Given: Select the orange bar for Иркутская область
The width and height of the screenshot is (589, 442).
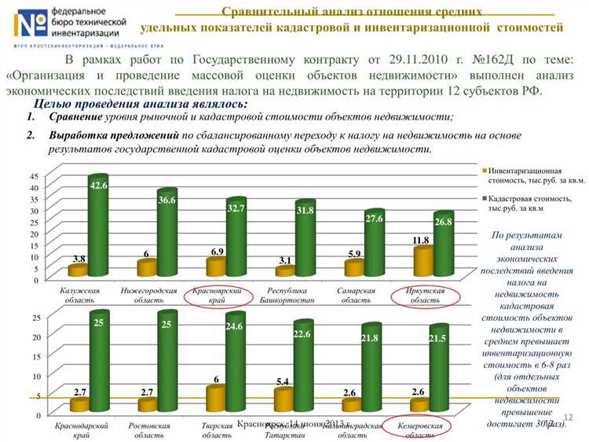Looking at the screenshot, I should pyautogui.click(x=423, y=260).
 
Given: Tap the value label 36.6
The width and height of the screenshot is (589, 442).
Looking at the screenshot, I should pyautogui.click(x=166, y=201).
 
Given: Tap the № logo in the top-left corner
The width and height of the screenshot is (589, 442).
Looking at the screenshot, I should pyautogui.click(x=29, y=24).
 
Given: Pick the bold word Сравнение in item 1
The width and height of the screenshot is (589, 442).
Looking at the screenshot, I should pyautogui.click(x=75, y=117).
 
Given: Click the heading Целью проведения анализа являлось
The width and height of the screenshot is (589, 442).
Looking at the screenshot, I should pyautogui.click(x=141, y=103).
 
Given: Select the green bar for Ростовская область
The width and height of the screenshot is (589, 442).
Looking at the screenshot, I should pyautogui.click(x=166, y=363).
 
